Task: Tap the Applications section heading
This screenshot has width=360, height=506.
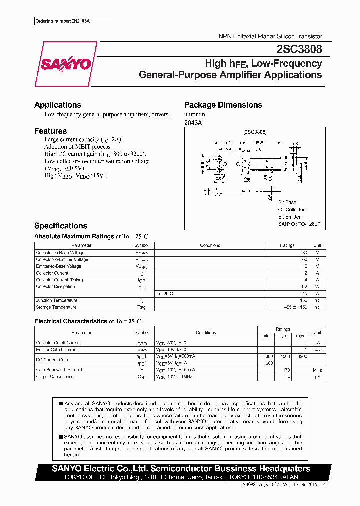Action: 58,105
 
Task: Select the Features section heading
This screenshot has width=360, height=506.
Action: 50,131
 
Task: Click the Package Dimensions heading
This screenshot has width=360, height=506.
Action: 223,105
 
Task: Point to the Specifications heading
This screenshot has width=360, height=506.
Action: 61,226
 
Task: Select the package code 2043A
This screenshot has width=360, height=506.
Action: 193,122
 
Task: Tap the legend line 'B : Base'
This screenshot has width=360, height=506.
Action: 287,202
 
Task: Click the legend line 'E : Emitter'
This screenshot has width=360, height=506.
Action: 289,217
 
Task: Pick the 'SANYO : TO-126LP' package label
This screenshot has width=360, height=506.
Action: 299,224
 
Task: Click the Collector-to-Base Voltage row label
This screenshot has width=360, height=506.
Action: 61,253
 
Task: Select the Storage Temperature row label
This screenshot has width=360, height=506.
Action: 56,307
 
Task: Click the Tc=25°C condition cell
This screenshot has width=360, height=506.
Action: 165,293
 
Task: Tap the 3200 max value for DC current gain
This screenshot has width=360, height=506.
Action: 301,357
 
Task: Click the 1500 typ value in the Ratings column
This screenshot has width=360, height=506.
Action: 284,357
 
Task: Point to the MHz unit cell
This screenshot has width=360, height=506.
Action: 317,370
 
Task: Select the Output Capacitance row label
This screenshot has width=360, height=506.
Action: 55,376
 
